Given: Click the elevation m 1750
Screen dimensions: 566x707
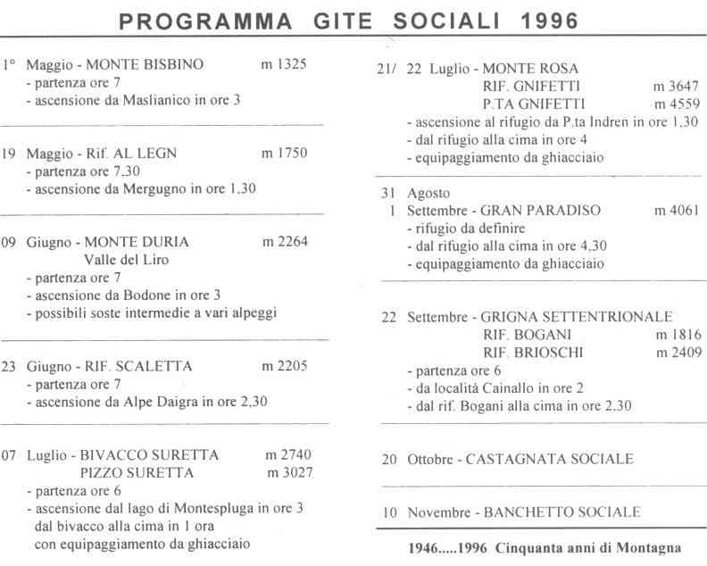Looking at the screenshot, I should pos(284,153).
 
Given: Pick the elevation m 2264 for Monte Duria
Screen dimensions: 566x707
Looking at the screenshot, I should pos(285,242).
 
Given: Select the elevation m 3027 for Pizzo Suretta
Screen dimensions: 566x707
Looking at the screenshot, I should pos(289,472).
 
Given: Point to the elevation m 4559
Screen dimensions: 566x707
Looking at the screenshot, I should pos(677,104).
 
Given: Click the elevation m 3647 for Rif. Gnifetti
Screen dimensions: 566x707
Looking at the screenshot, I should pos(677,87).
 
